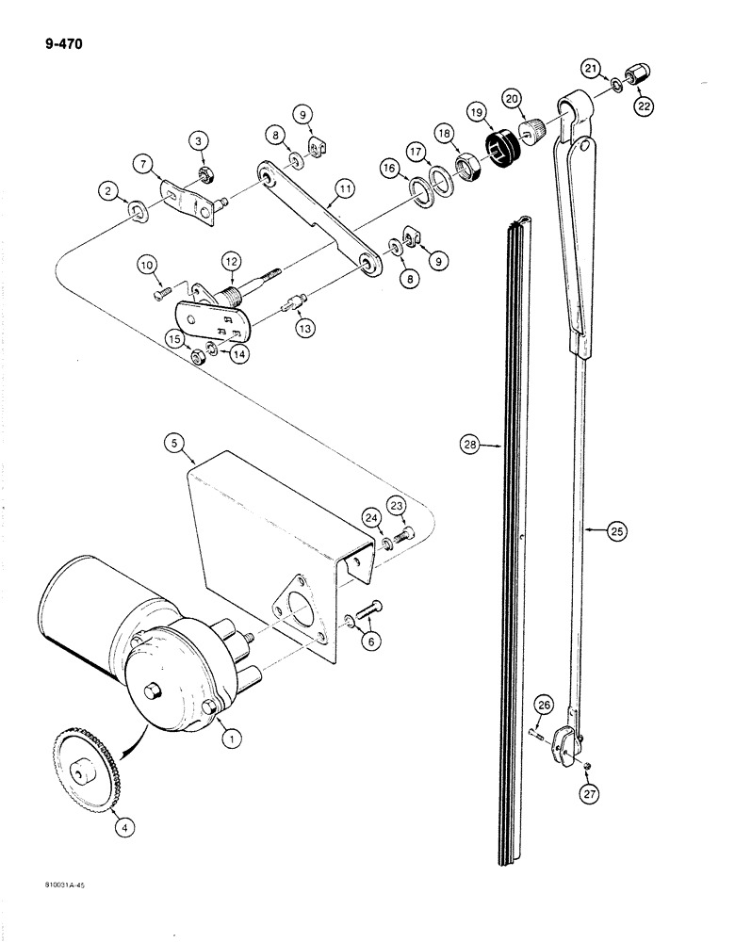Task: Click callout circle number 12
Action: click(x=231, y=260)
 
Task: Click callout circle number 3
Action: click(x=199, y=141)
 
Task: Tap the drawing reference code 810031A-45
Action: click(x=63, y=885)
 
